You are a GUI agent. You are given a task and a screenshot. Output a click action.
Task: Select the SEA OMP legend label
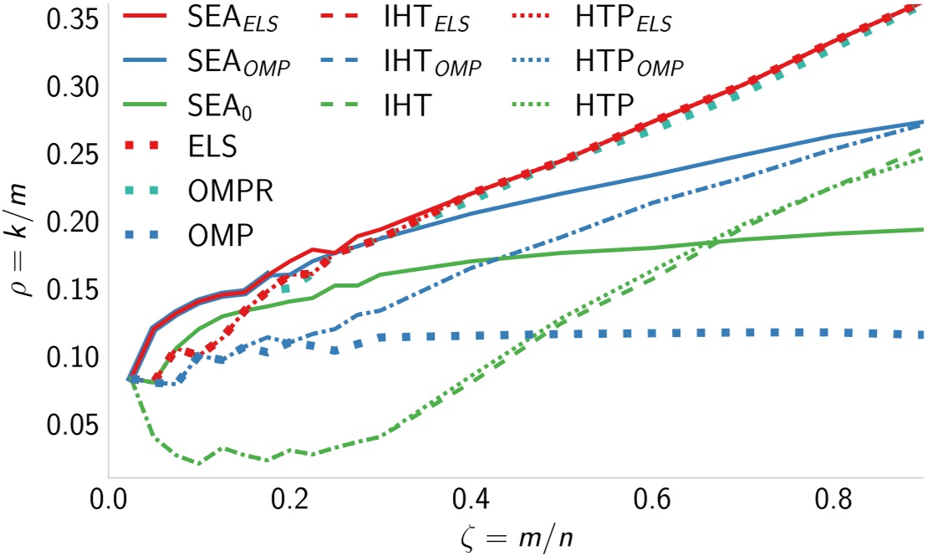click(238, 64)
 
